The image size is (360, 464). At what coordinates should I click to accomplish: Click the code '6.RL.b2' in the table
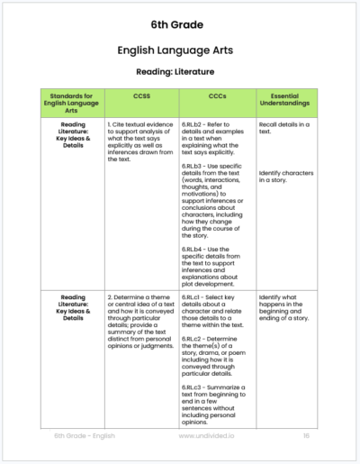(196, 126)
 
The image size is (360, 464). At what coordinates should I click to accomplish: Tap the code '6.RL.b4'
(196, 249)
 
